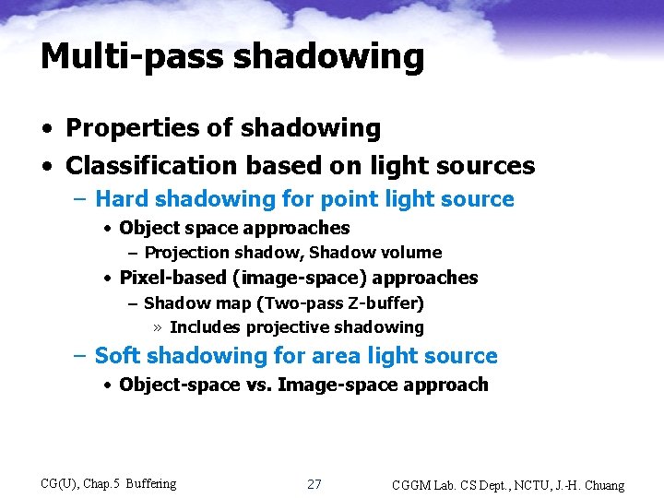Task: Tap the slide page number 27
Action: click(x=314, y=484)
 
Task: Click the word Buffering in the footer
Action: click(x=150, y=483)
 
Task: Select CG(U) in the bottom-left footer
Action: click(x=61, y=483)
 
